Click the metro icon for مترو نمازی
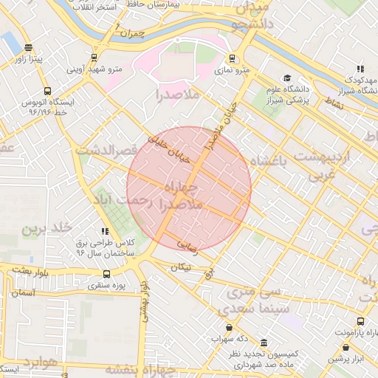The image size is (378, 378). [x=233, y=58]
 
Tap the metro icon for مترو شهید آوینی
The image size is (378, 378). [x=94, y=58]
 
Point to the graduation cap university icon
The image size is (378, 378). [x=287, y=78]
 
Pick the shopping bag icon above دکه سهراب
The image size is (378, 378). [x=229, y=328]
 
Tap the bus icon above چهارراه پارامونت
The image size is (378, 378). [x=360, y=321]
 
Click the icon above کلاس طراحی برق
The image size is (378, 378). [x=105, y=232]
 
